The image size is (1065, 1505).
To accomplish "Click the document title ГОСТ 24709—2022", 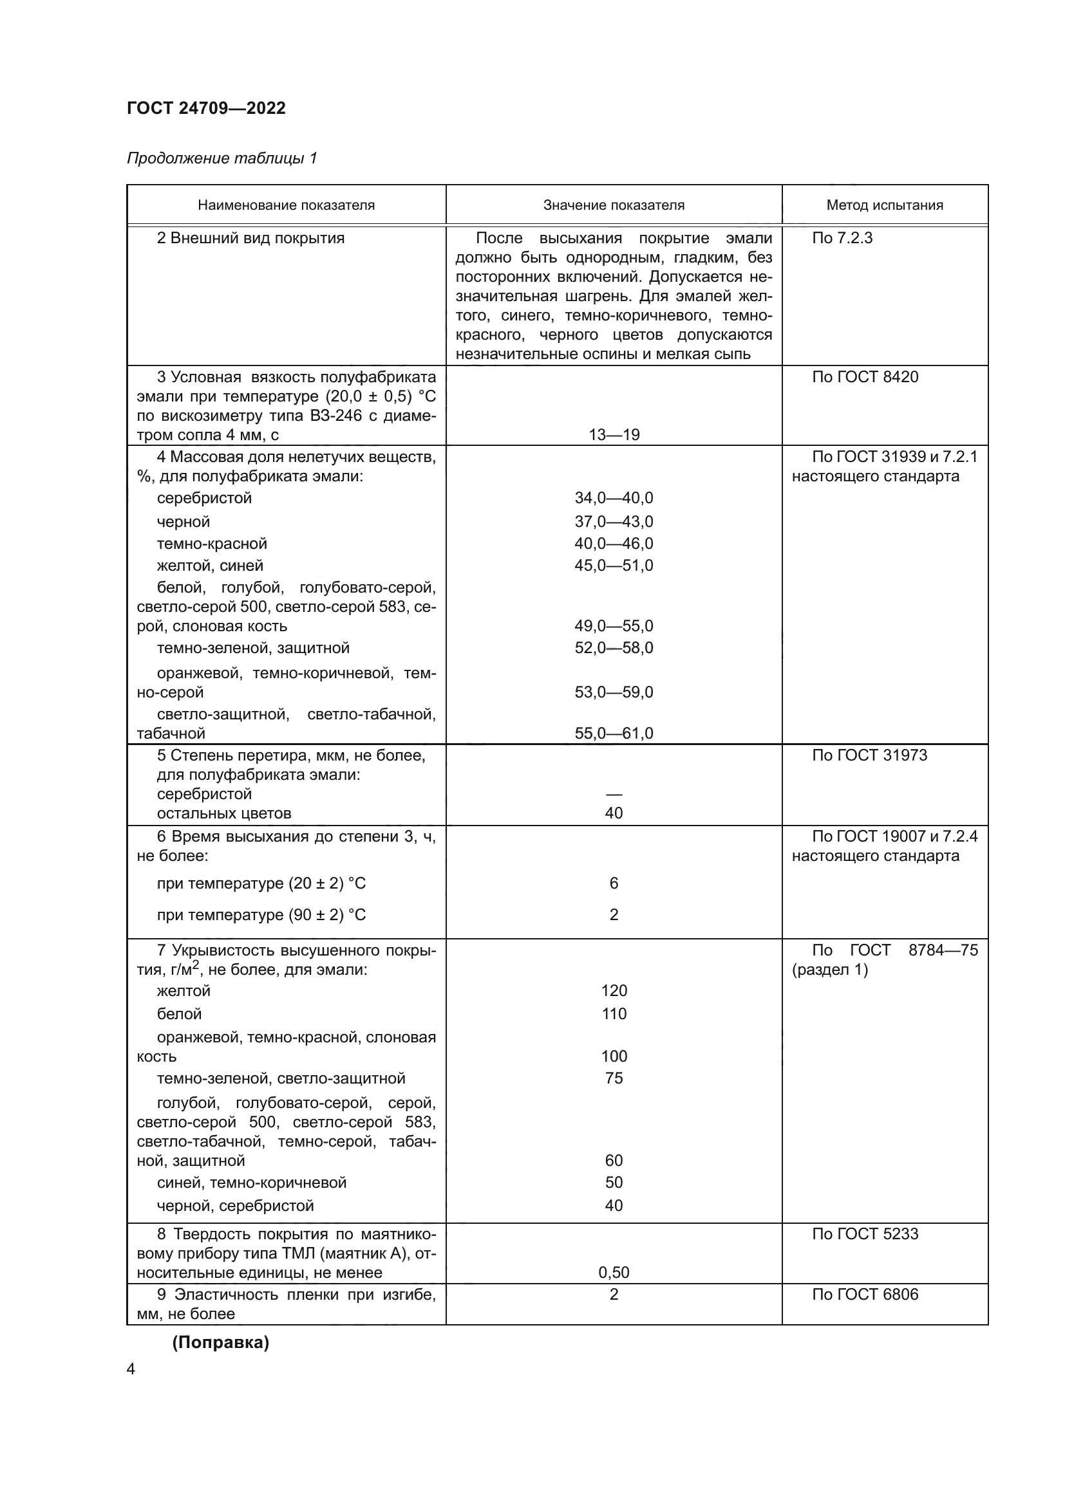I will point(206,108).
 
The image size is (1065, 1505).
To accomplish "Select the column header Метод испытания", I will point(884,205).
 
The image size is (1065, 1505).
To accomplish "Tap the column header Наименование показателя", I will point(286,205).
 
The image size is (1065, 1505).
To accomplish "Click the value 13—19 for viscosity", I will point(613,434).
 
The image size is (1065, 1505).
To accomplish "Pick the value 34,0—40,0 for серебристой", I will point(613,497).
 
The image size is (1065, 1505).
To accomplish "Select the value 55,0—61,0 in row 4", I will point(613,733).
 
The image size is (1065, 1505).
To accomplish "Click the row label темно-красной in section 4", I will point(212,544).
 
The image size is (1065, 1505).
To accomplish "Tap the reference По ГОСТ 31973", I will point(869,755).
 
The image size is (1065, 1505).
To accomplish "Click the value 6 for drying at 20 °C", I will point(613,883).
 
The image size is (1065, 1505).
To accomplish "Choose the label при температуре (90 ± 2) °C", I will point(261,914).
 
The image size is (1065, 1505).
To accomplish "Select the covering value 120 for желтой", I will point(613,990).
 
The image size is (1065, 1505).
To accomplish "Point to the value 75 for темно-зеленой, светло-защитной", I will point(613,1078).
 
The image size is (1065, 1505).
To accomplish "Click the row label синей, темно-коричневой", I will point(251,1183).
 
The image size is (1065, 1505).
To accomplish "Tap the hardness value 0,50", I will point(613,1272).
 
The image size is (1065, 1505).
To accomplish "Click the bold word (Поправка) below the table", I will point(220,1342).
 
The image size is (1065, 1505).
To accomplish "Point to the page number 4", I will point(131,1369).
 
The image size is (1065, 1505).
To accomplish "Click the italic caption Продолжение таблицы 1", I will point(221,158).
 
